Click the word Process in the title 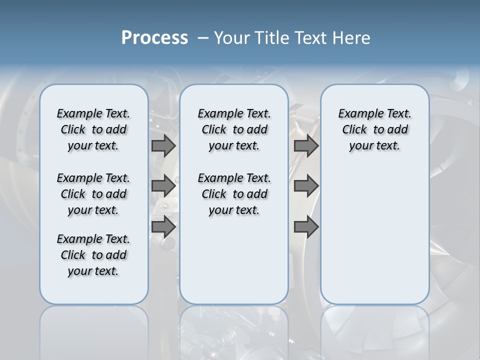(154, 38)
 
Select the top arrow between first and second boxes (163, 146)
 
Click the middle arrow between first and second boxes (163, 186)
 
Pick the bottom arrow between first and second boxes (163, 226)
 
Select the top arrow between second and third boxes (306, 146)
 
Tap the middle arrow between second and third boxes (306, 186)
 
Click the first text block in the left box (93, 129)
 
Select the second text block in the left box (93, 194)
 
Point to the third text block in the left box (93, 255)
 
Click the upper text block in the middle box (234, 129)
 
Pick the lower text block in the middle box (234, 194)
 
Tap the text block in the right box (375, 129)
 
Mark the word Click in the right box (354, 130)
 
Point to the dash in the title (203, 38)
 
